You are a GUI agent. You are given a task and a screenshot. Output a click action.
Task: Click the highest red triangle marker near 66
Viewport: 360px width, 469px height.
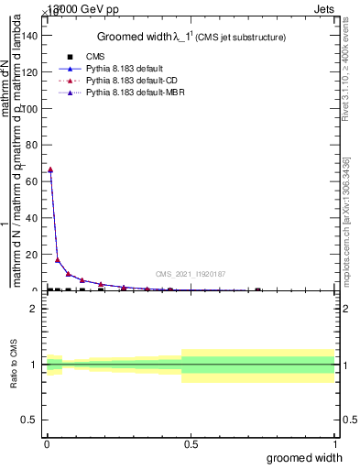(50, 169)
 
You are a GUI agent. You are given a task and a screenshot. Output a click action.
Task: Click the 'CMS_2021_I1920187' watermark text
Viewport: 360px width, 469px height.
(190, 274)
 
